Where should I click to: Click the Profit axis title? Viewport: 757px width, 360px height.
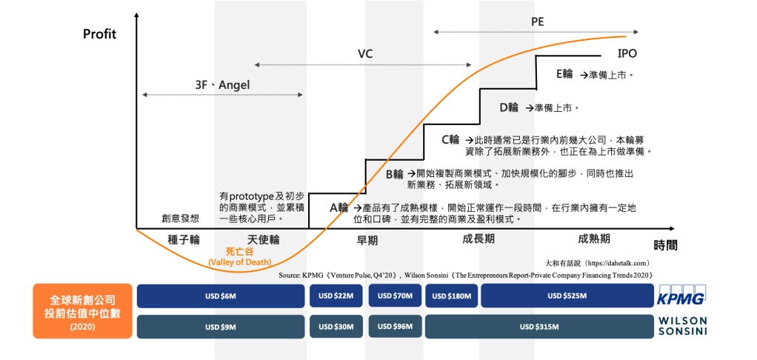[x=99, y=33]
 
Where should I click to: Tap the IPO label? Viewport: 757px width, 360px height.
[x=627, y=54]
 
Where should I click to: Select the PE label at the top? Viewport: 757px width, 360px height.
[x=537, y=21]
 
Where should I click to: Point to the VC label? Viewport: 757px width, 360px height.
[x=365, y=54]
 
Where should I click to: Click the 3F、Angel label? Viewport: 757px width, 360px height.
[x=218, y=85]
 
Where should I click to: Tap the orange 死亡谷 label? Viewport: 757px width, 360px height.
[x=239, y=252]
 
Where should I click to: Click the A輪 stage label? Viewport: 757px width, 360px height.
[x=339, y=207]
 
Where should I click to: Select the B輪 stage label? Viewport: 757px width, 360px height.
[x=394, y=175]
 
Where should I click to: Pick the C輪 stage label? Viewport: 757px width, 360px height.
[x=450, y=139]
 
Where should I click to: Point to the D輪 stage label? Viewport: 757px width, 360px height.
[x=509, y=107]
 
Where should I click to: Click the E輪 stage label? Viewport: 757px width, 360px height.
[x=564, y=74]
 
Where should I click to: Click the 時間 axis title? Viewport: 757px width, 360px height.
[x=665, y=244]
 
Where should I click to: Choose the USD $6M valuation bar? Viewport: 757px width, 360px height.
[x=221, y=296]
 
